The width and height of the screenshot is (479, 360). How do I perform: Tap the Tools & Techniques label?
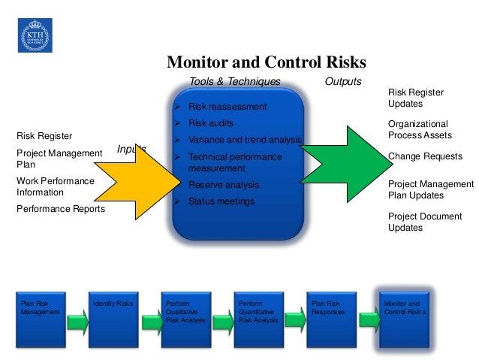click(235, 81)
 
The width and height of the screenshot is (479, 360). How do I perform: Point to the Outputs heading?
click(342, 81)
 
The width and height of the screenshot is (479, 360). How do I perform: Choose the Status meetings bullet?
click(221, 201)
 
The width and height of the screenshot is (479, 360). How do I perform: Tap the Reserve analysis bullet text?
click(223, 185)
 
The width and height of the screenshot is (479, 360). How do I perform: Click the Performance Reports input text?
click(61, 209)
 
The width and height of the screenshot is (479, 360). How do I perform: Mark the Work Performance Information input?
click(56, 186)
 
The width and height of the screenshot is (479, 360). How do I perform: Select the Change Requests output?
click(425, 156)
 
